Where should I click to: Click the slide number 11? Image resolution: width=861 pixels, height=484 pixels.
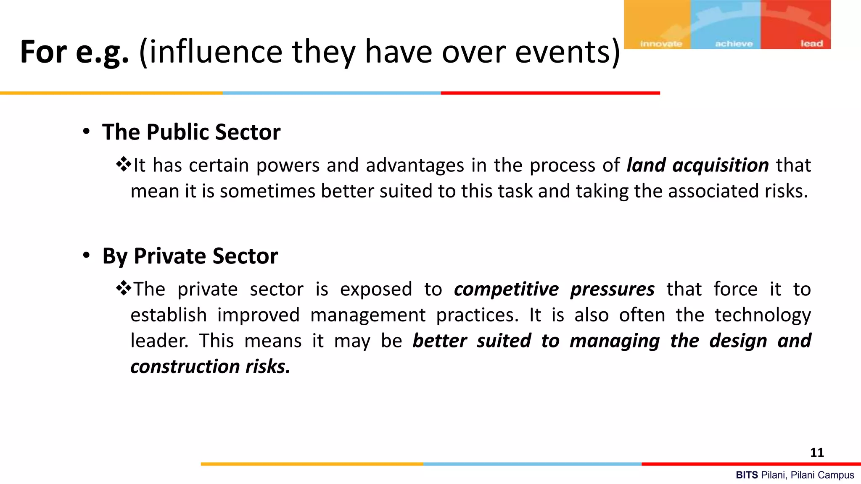pos(817,452)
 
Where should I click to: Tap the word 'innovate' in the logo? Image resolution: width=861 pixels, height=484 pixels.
pos(661,44)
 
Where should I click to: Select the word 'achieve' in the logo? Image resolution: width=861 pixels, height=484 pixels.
pos(734,44)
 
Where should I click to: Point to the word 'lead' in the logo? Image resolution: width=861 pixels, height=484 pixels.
pos(811,44)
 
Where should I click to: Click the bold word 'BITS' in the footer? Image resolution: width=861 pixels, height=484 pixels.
pos(747,475)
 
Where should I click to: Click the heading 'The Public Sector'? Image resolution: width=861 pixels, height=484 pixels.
pos(191,132)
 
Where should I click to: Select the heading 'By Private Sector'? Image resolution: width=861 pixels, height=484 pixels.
pos(190,256)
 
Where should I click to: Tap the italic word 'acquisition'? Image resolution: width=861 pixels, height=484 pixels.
pos(721,165)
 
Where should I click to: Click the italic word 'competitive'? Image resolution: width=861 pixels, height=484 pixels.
pos(506,289)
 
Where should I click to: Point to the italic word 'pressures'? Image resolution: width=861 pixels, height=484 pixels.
pos(612,289)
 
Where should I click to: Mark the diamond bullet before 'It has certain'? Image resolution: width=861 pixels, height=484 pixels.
pos(124,164)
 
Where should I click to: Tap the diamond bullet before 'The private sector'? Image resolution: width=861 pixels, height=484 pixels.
pos(124,288)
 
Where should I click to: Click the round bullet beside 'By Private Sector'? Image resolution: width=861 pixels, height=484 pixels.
pos(86,255)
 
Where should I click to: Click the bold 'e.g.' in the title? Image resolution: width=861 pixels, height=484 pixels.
pos(102,52)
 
